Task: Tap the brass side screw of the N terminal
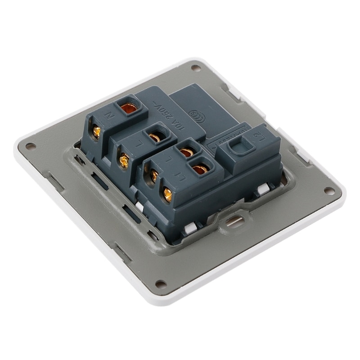[x=96, y=131]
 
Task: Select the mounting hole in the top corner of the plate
[x=195, y=68]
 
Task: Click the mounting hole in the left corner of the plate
[x=30, y=146]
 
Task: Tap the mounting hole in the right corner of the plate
[x=329, y=191]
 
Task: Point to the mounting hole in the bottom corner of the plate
[x=160, y=283]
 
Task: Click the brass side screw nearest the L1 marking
[x=167, y=194]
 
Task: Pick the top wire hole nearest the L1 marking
[x=199, y=169]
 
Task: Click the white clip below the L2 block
[x=262, y=190]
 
